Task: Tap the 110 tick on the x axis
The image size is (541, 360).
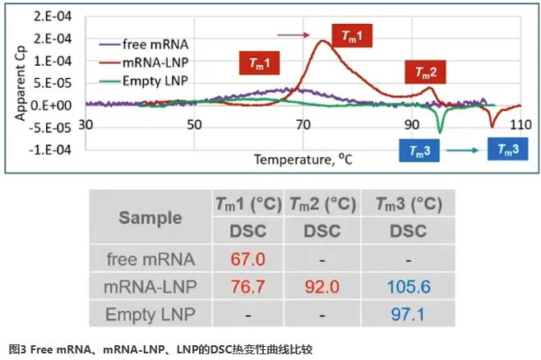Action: coord(519,125)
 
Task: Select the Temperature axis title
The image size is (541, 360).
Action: coord(303,159)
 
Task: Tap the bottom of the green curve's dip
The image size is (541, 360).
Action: coord(441,132)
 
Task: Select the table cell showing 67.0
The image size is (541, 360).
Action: coord(247,259)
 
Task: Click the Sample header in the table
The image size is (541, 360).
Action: coord(150,218)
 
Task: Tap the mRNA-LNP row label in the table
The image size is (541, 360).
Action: coord(150,287)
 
